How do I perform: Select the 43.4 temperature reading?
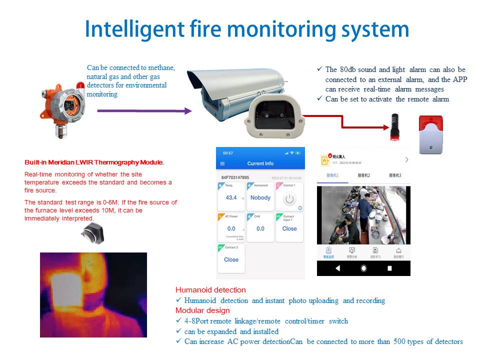(x=231, y=197)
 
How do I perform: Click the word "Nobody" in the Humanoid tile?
(x=260, y=197)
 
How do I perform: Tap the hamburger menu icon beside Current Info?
(x=222, y=163)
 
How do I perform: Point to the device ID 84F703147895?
(x=235, y=177)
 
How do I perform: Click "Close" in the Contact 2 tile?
(x=231, y=259)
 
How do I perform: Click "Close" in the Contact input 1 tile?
(x=289, y=228)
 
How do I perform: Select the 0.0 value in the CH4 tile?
(x=260, y=228)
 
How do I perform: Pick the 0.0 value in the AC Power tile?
(x=231, y=228)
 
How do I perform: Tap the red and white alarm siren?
(x=430, y=134)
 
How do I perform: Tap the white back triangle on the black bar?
(x=337, y=268)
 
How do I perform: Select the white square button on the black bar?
(x=389, y=268)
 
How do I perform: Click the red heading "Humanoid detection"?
(x=210, y=290)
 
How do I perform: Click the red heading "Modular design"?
(x=202, y=310)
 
